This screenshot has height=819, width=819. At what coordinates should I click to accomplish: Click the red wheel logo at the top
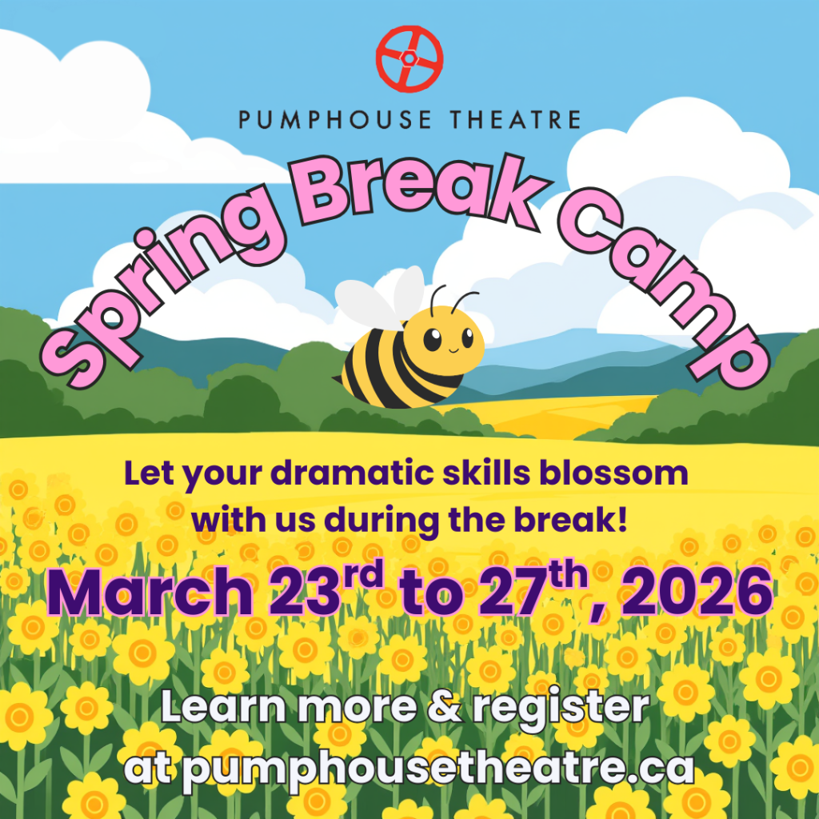pos(409,58)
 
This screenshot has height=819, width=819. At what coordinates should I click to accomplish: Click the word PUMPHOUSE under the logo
pos(335,120)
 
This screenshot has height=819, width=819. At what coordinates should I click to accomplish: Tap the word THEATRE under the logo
pos(515,120)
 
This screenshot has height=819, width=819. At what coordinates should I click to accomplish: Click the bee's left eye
pos(432,339)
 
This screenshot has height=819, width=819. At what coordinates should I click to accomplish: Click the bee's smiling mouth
pos(453,350)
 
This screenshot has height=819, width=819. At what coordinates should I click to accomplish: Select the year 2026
pos(697,593)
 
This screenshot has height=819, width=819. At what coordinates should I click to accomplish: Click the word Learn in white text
pos(223,706)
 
